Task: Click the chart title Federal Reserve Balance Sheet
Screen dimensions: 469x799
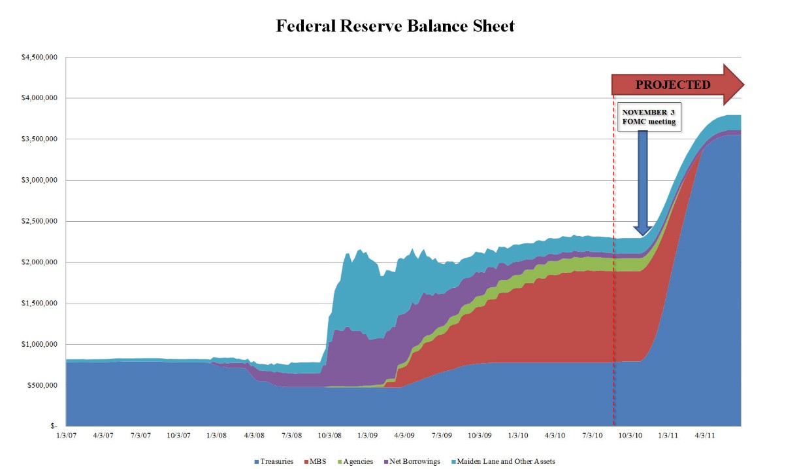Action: point(395,26)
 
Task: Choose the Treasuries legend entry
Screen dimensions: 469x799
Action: point(274,461)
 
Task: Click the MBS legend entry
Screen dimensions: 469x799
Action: point(317,461)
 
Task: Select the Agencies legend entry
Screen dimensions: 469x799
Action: point(357,461)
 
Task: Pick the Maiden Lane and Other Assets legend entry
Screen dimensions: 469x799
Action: point(506,461)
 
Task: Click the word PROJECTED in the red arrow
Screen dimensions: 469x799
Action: point(672,84)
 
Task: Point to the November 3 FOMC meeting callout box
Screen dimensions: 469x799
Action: point(649,116)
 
